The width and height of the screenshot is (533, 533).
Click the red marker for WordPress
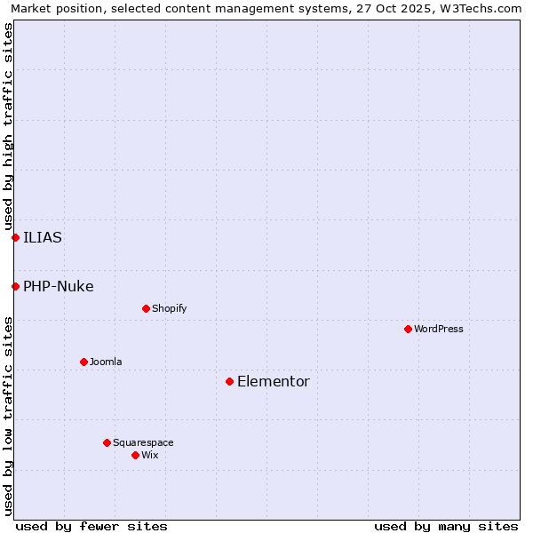pyautogui.click(x=408, y=329)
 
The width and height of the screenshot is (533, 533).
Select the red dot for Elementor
pyautogui.click(x=229, y=381)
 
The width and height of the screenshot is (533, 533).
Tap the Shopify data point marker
pyautogui.click(x=146, y=308)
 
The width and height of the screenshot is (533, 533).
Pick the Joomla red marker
pyautogui.click(x=84, y=362)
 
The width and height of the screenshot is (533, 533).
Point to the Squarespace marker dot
pyautogui.click(x=107, y=442)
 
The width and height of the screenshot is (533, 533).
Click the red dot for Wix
pyautogui.click(x=135, y=455)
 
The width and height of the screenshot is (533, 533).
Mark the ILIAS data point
pyautogui.click(x=15, y=237)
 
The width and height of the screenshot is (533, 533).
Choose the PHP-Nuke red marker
pyautogui.click(x=15, y=286)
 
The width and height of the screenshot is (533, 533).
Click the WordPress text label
pyautogui.click(x=439, y=329)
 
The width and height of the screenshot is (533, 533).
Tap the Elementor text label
pyautogui.click(x=274, y=381)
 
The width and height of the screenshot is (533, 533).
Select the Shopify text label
pyautogui.click(x=169, y=308)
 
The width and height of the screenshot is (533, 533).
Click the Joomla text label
pyautogui.click(x=106, y=362)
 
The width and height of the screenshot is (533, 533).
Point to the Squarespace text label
pyautogui.click(x=143, y=442)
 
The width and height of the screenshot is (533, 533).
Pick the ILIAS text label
pyautogui.click(x=43, y=237)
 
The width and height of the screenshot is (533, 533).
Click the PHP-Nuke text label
pyautogui.click(x=59, y=286)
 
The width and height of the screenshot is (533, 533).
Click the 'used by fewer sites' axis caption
pyautogui.click(x=91, y=526)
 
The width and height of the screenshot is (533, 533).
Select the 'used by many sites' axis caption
pyautogui.click(x=446, y=526)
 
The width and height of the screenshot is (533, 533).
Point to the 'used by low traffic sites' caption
pyautogui.click(x=8, y=416)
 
